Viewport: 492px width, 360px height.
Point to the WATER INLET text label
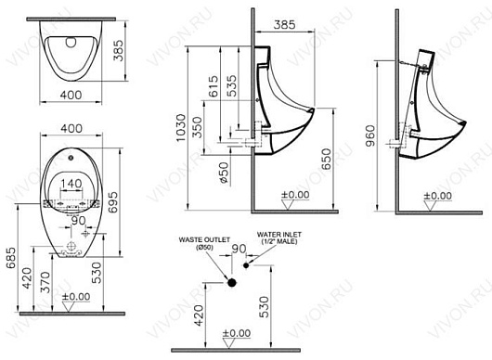(282, 238)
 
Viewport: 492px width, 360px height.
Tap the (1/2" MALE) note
(282, 247)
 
